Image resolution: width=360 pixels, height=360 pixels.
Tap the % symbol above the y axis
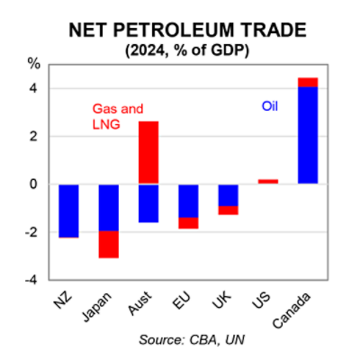click(x=34, y=64)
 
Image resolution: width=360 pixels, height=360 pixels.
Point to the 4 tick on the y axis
click(x=33, y=89)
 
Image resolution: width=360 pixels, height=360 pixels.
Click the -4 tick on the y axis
click(x=31, y=280)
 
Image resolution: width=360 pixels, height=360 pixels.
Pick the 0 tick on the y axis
click(x=33, y=184)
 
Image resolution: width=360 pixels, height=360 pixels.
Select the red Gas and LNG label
click(x=117, y=116)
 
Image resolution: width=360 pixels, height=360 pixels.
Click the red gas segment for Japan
click(x=109, y=244)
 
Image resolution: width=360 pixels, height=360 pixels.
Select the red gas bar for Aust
click(x=148, y=152)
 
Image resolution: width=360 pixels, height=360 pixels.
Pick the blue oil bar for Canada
click(x=307, y=135)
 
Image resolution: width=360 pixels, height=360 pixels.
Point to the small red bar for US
click(x=267, y=181)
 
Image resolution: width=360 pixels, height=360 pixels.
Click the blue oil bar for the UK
click(x=228, y=194)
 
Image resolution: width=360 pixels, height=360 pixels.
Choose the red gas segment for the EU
click(x=188, y=222)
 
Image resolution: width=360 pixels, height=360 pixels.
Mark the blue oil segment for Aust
click(x=148, y=202)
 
